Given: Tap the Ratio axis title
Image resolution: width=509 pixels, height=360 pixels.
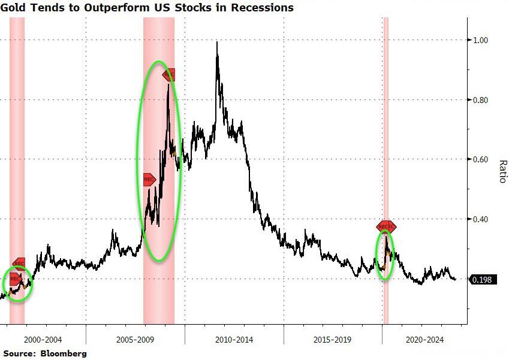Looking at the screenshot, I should coord(502,171).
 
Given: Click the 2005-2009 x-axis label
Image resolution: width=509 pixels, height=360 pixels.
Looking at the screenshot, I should coord(135,340).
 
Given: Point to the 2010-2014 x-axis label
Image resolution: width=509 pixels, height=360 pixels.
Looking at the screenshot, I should coord(234,340).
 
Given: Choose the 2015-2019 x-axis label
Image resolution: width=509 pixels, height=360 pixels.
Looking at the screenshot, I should coord(333,340).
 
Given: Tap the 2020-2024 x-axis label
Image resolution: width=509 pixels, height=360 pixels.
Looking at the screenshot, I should coord(424,340).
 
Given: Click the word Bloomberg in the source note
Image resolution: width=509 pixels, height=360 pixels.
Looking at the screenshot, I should coord(64,353).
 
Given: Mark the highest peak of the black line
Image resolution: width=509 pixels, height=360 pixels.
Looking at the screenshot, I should coord(216,42).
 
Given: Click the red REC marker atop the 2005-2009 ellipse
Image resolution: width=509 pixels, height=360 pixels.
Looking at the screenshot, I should coord(170,74).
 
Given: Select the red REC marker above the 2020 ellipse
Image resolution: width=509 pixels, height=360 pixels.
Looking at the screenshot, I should coord(387,226).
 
